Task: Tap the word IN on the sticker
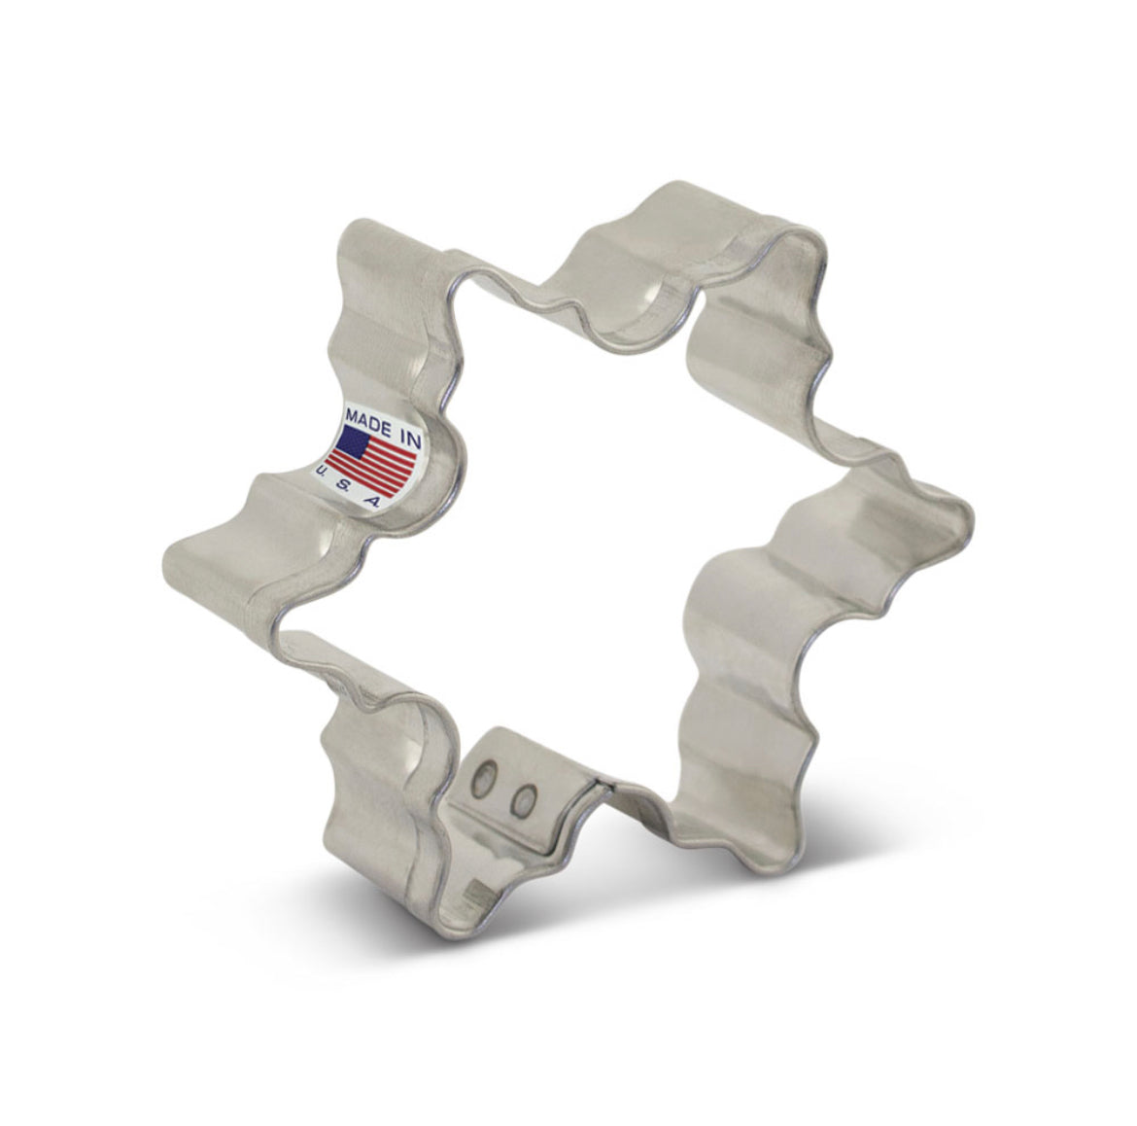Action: (x=410, y=440)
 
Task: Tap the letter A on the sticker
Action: (x=370, y=502)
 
